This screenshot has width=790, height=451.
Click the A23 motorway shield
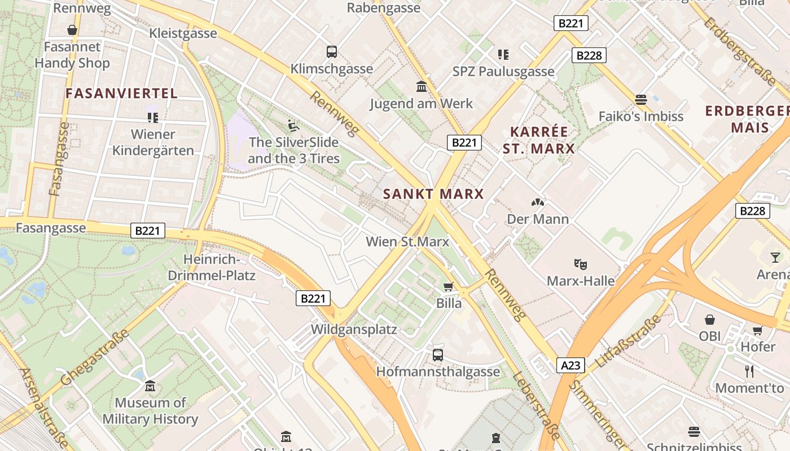click(x=570, y=365)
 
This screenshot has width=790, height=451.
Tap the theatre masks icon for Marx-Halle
click(x=580, y=263)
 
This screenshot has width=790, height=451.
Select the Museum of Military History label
click(x=150, y=411)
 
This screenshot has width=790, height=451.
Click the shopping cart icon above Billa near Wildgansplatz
click(x=449, y=286)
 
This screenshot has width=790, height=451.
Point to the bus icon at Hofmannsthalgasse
click(x=438, y=355)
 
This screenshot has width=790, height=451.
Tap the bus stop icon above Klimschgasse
click(x=332, y=52)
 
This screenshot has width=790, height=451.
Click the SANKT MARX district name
click(x=433, y=194)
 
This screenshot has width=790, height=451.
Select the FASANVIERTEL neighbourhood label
click(x=122, y=94)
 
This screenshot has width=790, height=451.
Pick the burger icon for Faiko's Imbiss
click(x=640, y=100)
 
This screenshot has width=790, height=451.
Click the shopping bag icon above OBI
click(x=710, y=320)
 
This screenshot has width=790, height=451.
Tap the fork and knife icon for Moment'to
click(x=749, y=371)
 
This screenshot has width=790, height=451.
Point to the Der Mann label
click(x=538, y=219)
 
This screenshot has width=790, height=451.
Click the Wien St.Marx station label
click(x=407, y=242)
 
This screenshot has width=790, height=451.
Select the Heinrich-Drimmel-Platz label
click(x=212, y=268)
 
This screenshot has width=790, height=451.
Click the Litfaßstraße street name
click(x=628, y=342)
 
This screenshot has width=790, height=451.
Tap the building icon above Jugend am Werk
click(x=422, y=87)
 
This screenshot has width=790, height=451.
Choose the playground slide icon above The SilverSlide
click(x=293, y=125)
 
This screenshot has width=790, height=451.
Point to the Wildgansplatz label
click(x=354, y=329)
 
